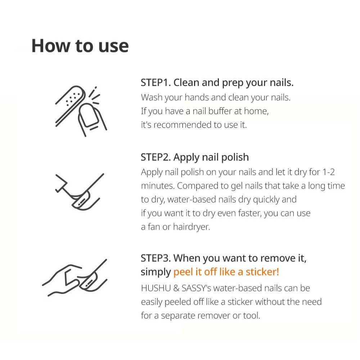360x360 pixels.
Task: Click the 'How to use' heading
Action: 80,46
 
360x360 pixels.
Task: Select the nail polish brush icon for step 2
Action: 80,192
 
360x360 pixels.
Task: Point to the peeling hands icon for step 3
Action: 75,278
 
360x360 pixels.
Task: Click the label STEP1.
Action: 156,83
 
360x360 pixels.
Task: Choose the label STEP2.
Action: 156,157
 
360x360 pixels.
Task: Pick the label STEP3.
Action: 156,258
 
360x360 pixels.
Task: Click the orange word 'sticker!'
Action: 262,272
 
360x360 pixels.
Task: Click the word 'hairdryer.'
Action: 192,227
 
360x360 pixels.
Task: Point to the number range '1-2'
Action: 329,172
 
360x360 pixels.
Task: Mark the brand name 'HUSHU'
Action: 156,288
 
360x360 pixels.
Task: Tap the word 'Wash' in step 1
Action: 152,98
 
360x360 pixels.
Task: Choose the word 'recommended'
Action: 183,125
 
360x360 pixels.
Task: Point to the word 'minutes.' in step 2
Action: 158,186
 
